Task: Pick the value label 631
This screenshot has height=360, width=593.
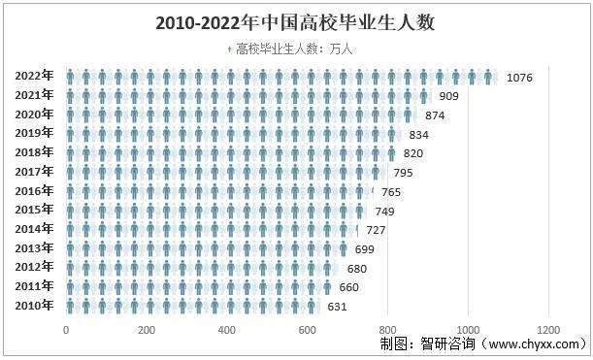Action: point(337,306)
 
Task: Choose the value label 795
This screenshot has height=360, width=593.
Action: point(403,173)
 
